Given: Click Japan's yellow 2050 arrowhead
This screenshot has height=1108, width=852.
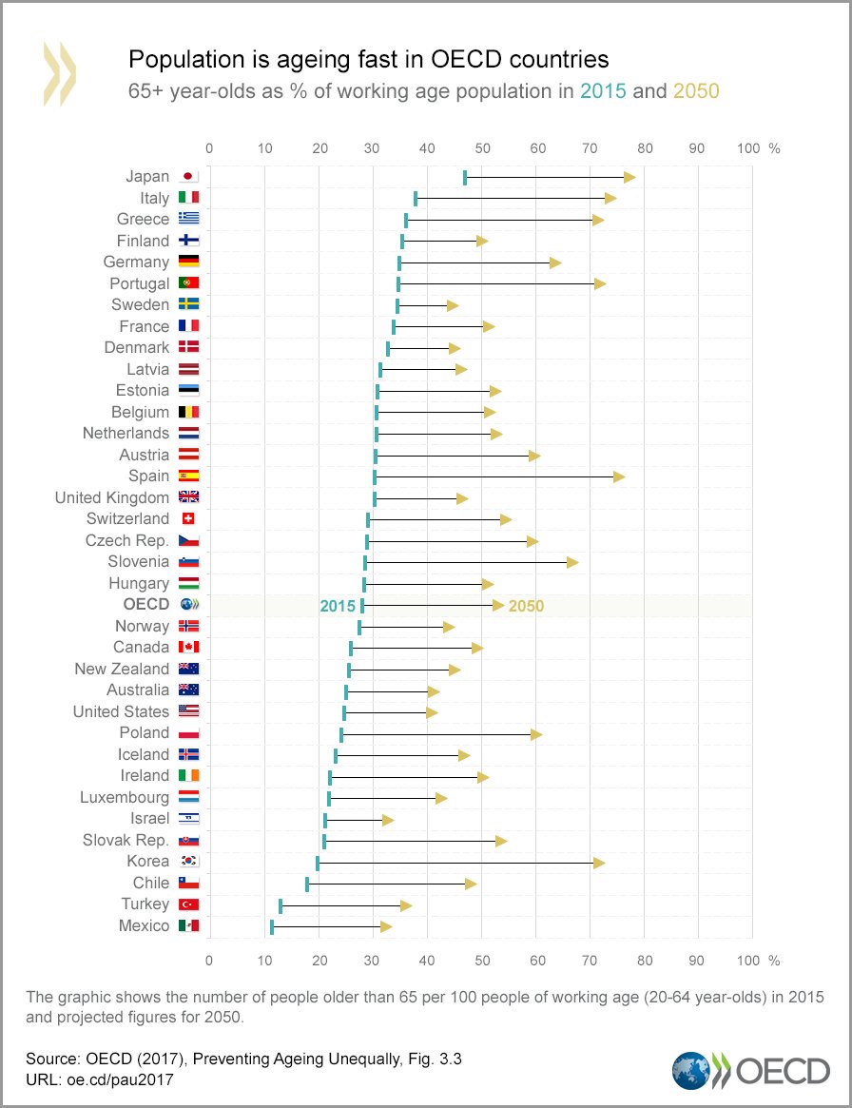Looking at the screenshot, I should point(629,177).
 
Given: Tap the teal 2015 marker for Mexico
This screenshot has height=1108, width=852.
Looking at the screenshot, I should point(272,926).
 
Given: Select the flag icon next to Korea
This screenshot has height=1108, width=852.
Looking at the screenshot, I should point(188,862).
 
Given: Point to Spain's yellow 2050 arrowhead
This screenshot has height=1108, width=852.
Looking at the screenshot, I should point(619,476).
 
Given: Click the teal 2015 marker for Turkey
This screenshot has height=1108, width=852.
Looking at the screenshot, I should point(281,904).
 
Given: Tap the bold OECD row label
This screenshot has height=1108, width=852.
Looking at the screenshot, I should point(145,605).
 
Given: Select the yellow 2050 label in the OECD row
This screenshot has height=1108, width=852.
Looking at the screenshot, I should point(526,606).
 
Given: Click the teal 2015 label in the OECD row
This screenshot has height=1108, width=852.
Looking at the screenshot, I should point(338,606).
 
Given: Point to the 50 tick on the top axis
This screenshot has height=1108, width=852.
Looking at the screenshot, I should point(482,148).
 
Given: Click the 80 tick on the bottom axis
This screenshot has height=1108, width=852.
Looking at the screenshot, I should point(645,960).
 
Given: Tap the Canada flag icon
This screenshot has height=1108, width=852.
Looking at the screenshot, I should point(188,648).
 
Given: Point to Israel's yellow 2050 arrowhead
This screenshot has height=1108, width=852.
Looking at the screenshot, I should point(388,819).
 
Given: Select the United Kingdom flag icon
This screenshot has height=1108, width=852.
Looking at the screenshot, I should point(188,497).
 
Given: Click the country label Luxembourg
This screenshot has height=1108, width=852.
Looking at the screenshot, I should point(125,798).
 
